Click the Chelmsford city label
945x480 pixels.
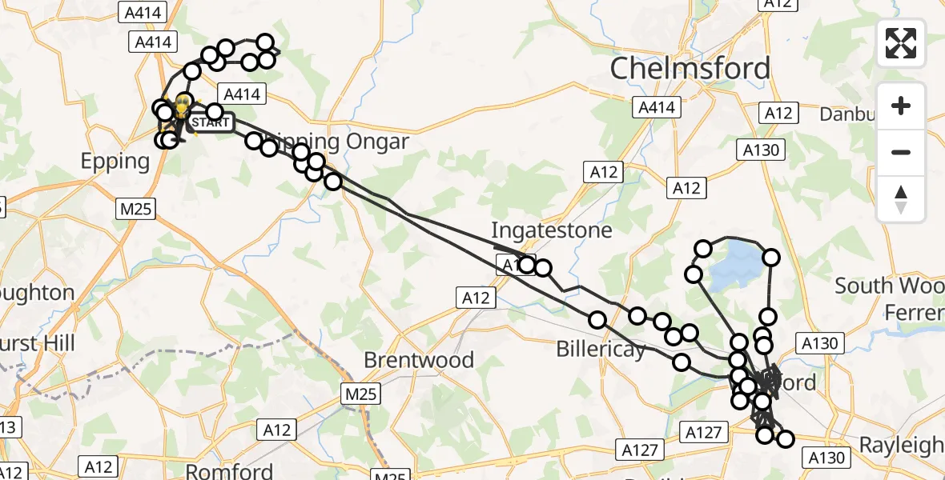click(690, 69)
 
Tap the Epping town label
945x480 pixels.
click(115, 162)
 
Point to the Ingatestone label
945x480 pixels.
click(551, 230)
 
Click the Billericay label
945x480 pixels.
click(601, 350)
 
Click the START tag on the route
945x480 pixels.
click(211, 123)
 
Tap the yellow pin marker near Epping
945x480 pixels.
click(183, 105)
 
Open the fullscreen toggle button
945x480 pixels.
click(901, 43)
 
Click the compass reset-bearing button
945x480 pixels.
click(901, 198)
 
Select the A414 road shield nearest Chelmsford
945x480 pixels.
click(656, 107)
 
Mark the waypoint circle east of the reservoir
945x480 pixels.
click(771, 258)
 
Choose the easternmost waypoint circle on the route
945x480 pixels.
click(785, 438)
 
